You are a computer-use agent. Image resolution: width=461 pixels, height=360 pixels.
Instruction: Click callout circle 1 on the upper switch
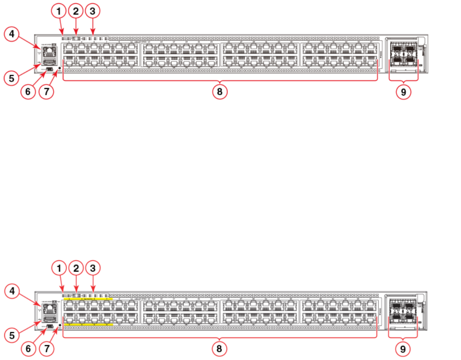(59, 12)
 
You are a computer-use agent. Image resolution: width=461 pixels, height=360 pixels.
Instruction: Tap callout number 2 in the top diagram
(76, 12)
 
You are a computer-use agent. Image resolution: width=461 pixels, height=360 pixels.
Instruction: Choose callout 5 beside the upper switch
(12, 78)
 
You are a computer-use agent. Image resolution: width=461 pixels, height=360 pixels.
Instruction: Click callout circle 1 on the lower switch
(59, 268)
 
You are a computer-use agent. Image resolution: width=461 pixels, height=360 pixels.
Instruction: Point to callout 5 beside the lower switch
(12, 335)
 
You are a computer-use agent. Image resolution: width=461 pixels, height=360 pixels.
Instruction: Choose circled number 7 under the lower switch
(47, 349)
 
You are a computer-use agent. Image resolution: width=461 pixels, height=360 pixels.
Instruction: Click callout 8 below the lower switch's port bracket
(219, 349)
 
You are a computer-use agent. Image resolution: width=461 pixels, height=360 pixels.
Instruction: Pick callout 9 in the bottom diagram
(403, 349)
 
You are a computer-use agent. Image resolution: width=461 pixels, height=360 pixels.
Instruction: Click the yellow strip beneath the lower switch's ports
(88, 325)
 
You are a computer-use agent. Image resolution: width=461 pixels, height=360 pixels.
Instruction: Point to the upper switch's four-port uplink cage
(403, 54)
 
